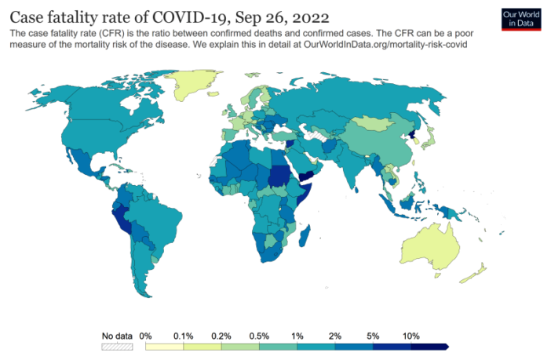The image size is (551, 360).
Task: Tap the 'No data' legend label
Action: click(117, 335)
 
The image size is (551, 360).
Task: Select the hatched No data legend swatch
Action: click(117, 345)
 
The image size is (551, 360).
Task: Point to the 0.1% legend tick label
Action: click(183, 335)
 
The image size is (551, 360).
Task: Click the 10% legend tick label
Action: click(411, 335)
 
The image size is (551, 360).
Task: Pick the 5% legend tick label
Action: click(372, 335)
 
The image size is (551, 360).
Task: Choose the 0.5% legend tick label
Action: click(259, 335)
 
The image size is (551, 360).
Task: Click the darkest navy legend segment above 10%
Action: click(428, 345)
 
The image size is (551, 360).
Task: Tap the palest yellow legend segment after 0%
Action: click(163, 345)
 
